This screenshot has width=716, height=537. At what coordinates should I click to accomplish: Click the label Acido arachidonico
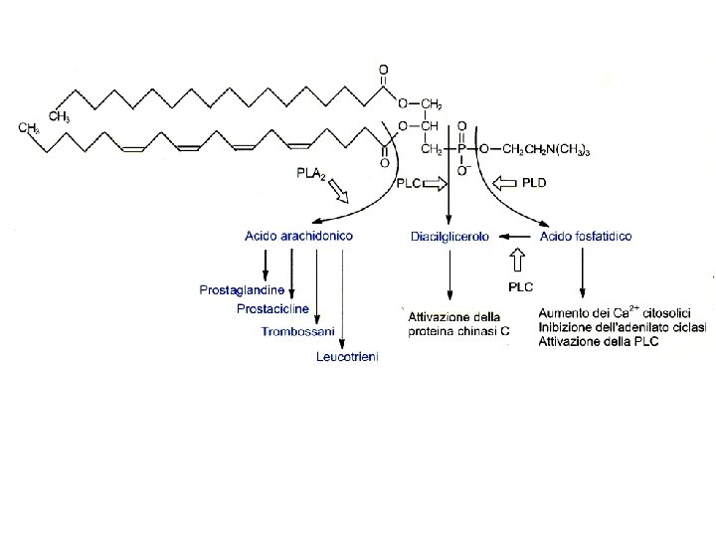(x=298, y=237)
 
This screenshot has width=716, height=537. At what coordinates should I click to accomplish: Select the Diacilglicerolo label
(x=449, y=237)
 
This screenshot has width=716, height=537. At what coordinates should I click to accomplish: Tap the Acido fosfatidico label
(x=585, y=237)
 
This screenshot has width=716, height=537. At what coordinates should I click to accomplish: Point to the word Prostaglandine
(x=242, y=290)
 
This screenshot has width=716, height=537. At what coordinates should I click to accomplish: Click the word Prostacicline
(x=272, y=309)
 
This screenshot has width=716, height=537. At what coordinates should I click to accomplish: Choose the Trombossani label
(x=298, y=330)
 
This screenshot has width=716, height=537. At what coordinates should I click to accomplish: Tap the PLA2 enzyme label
(x=310, y=174)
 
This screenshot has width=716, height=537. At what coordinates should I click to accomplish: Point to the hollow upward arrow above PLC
(x=517, y=261)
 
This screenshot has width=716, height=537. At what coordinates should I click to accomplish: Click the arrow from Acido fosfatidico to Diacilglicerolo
(x=516, y=237)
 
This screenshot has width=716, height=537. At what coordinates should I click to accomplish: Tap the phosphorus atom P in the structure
(x=460, y=148)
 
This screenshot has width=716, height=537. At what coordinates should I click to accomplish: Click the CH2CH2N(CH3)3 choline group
(x=547, y=149)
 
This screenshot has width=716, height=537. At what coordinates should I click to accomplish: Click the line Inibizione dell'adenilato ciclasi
(x=623, y=327)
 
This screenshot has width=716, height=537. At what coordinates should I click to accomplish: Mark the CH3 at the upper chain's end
(x=59, y=116)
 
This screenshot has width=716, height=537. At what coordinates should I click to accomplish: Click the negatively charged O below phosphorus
(x=460, y=171)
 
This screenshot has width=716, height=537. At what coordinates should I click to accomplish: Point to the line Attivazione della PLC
(x=598, y=341)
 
